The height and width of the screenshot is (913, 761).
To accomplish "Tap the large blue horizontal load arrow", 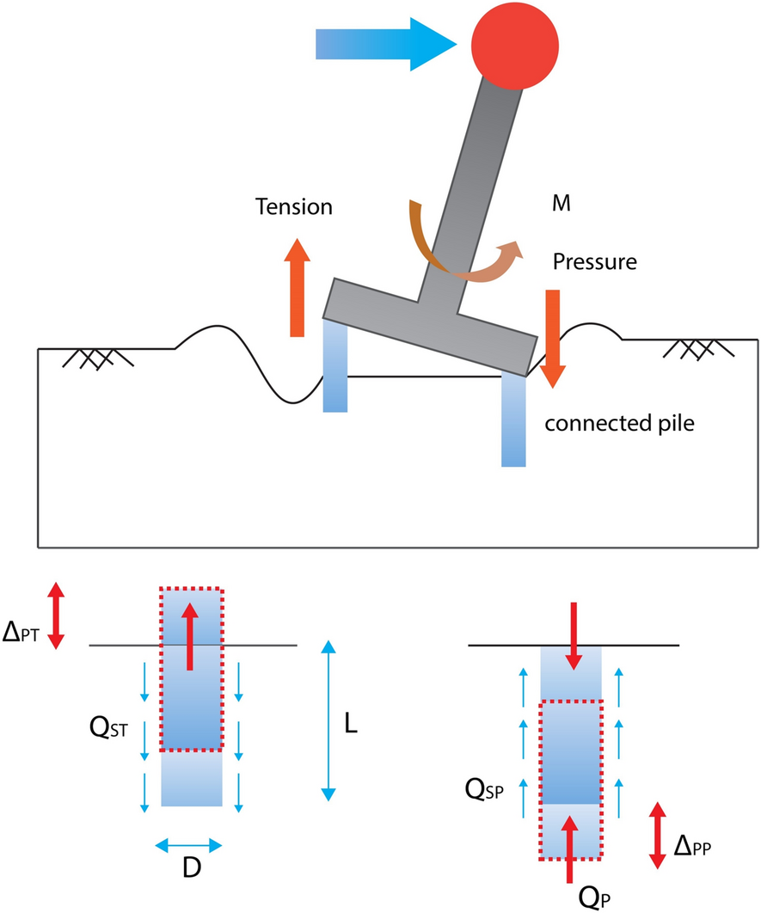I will tap(387, 44).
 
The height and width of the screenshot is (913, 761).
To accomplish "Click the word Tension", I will tap(293, 207).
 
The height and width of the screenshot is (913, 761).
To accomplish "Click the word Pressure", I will tap(595, 261).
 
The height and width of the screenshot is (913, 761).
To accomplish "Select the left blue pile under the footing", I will tap(335, 365).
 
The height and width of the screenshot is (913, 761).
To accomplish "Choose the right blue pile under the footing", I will tap(513, 421).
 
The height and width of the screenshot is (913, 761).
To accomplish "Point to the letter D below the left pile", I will tap(191, 870).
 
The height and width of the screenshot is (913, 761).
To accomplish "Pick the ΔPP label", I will tap(695, 848).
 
